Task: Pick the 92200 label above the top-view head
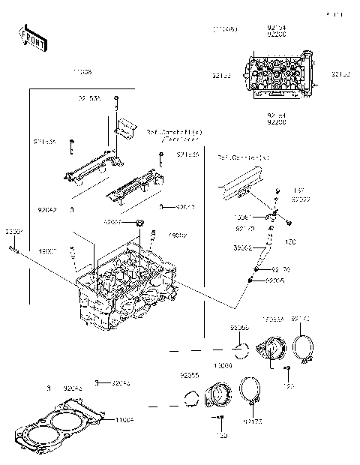point(276,35)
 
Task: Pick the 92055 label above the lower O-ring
point(188,373)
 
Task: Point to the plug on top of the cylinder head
point(139,224)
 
